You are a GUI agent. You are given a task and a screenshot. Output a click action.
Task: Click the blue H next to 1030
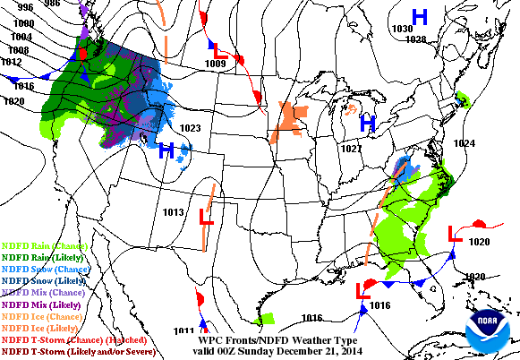click(419, 16)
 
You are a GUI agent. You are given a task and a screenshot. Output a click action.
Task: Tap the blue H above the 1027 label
click(366, 123)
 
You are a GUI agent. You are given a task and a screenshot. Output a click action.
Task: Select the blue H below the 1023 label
click(166, 151)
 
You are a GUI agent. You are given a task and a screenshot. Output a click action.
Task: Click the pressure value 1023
click(190, 128)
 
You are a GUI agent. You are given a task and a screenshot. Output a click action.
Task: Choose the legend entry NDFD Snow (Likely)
click(45, 280)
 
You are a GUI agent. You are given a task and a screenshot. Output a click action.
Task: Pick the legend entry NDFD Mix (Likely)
click(42, 304)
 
